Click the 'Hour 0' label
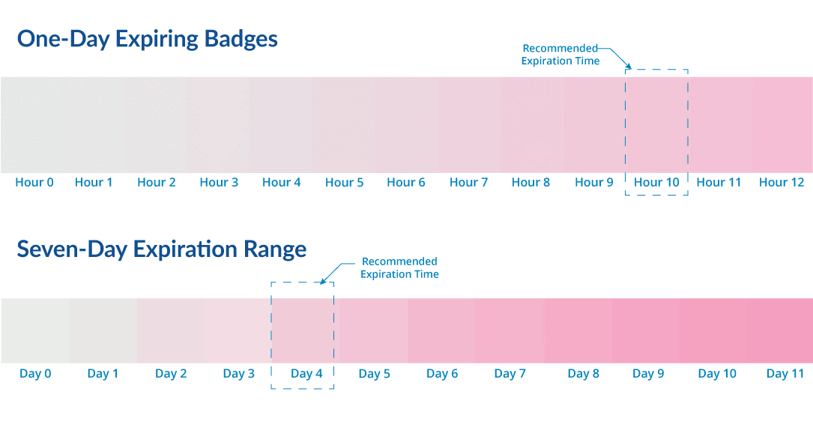[x=34, y=183]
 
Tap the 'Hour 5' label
[x=344, y=183]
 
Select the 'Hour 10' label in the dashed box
[x=656, y=183]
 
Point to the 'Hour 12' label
[x=782, y=183]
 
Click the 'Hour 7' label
[x=469, y=183]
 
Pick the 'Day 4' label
[x=306, y=374]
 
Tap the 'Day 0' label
[x=35, y=374]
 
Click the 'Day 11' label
[x=785, y=374]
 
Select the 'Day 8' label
[x=583, y=374]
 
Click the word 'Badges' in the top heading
[x=241, y=40]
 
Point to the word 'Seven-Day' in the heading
[x=72, y=249]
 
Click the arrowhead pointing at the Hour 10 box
[x=629, y=66]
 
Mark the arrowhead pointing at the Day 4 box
[x=323, y=281]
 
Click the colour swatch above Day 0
[x=35, y=330]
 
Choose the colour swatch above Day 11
[x=780, y=330]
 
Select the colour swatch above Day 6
[x=441, y=330]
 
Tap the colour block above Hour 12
[x=782, y=125]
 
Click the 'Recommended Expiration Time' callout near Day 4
[x=400, y=267]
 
